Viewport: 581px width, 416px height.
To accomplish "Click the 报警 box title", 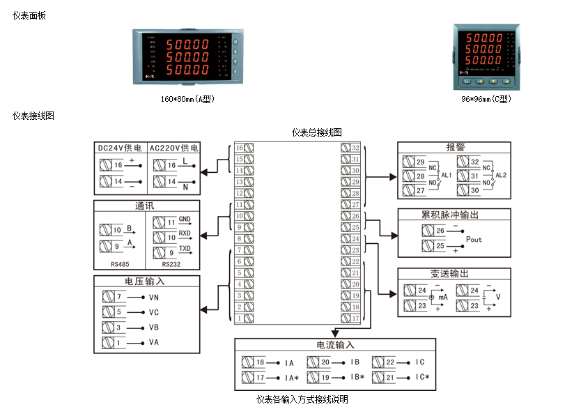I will point(454,148).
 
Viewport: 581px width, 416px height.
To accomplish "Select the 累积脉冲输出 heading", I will point(454,215).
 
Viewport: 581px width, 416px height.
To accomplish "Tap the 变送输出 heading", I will point(454,274).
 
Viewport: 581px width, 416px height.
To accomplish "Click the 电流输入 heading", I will point(335,345).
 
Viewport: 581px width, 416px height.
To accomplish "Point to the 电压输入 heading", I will point(146,282).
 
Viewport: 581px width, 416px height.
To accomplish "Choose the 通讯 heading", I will point(146,206).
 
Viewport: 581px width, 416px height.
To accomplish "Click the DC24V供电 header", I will point(120,148).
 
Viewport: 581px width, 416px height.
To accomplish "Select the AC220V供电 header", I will point(173,148).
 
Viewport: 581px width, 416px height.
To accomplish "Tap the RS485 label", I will point(120,264).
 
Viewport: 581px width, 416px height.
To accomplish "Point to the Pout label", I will point(474,239).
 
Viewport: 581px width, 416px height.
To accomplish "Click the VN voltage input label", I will point(154,297).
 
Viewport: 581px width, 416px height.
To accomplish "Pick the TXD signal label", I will point(185,249).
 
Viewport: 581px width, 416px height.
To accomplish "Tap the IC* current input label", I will point(422,378).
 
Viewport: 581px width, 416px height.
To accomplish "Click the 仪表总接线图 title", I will point(316,132).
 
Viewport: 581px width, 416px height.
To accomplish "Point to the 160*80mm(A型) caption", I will point(187,99).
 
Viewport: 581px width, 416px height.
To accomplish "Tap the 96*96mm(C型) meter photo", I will point(486,54).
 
